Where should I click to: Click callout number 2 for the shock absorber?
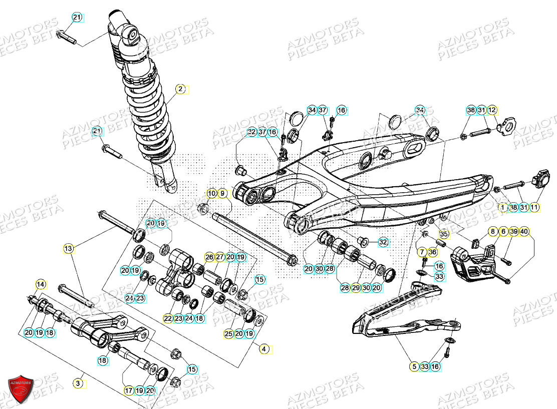point(180,90)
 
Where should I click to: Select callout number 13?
point(69,248)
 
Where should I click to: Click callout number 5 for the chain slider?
point(414,366)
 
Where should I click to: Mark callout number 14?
point(41,284)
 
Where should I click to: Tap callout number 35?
point(443,234)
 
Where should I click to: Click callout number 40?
point(524,231)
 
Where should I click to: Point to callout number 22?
point(168,318)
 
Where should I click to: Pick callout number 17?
point(129,390)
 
